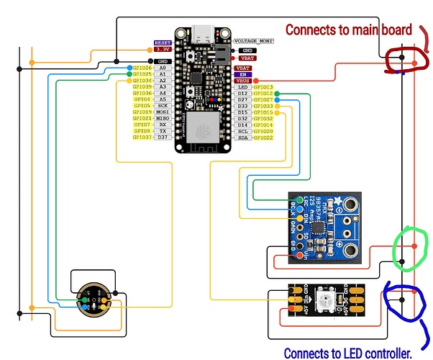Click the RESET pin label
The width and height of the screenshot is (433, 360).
[x=163, y=42]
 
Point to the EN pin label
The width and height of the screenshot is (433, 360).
[x=243, y=73]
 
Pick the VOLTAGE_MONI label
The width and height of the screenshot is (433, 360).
[x=255, y=42]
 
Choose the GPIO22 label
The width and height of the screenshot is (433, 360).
[x=263, y=138]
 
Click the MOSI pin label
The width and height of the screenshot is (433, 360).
[x=163, y=112]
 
